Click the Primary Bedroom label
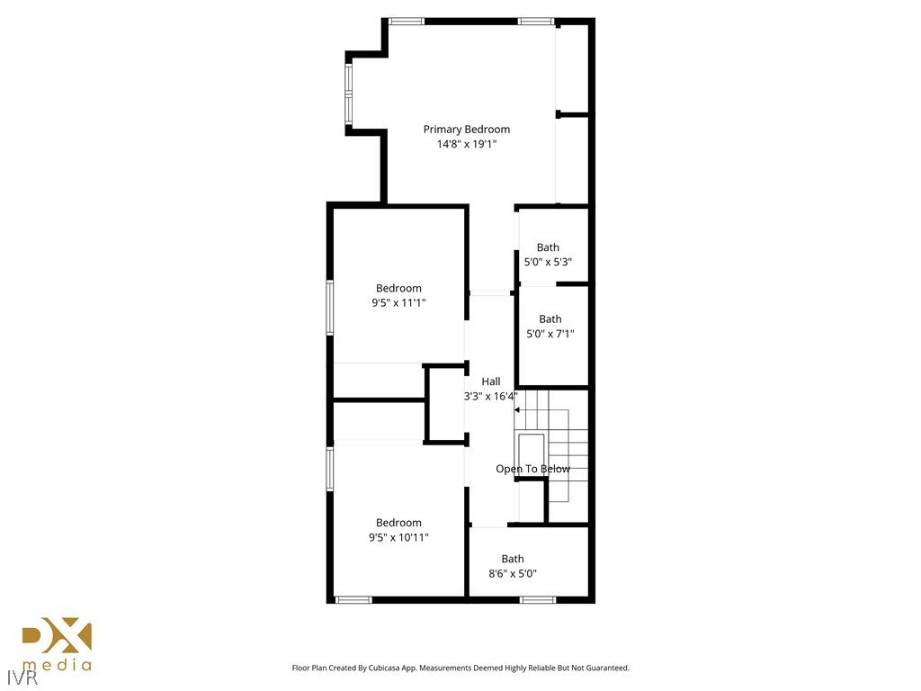(x=466, y=130)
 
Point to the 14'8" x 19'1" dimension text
(x=466, y=144)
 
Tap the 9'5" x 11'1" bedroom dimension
(x=398, y=303)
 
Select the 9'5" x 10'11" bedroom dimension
(x=398, y=538)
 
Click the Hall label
(x=490, y=381)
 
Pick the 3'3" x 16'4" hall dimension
(x=490, y=396)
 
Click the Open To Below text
(x=532, y=469)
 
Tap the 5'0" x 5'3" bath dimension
(x=548, y=262)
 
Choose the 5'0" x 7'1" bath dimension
(x=550, y=334)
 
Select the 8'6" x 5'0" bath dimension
(x=513, y=573)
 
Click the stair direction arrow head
(x=517, y=410)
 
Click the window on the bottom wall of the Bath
(x=538, y=599)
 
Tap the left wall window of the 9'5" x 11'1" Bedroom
(x=330, y=309)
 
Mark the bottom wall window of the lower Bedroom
(x=353, y=599)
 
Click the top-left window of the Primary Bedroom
(x=407, y=21)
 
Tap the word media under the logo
(x=57, y=667)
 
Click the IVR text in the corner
(x=18, y=675)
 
